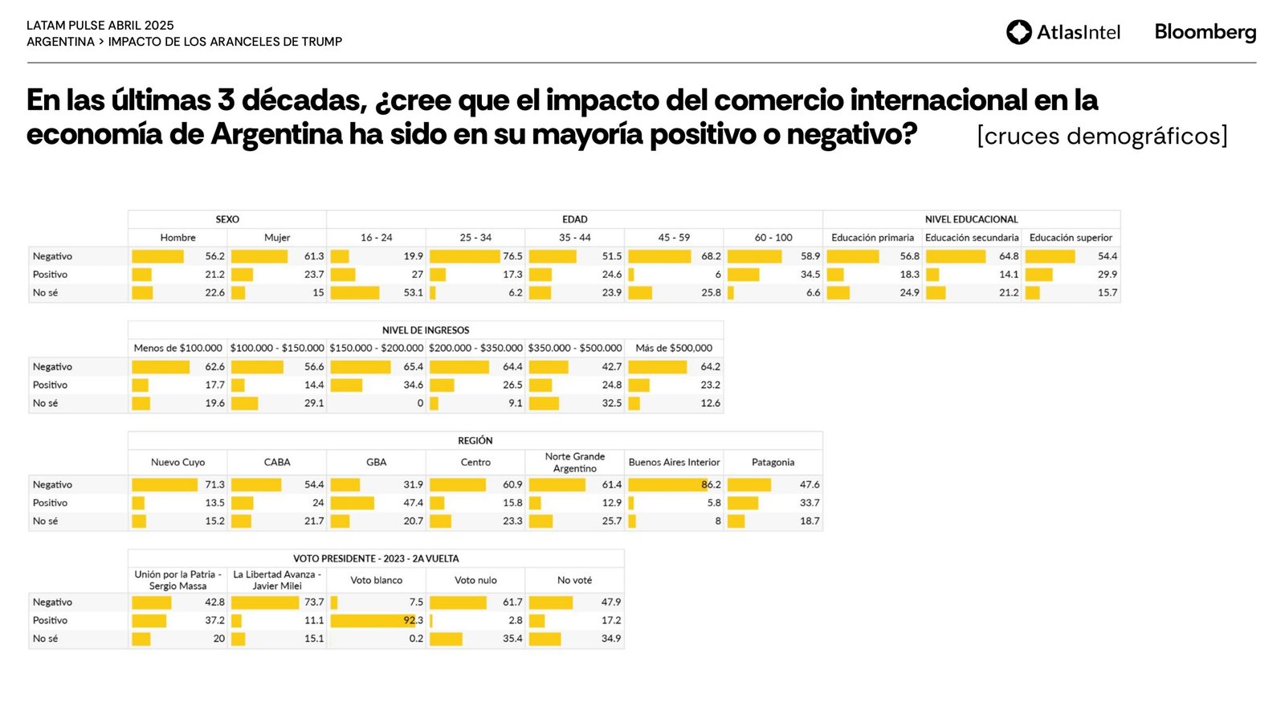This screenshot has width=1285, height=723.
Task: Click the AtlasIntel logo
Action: coord(1063,32)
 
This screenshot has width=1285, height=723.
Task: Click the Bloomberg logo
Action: coord(1205,32)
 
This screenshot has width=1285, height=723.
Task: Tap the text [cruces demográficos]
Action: coord(1102,136)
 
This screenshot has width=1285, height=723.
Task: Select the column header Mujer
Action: coord(277,238)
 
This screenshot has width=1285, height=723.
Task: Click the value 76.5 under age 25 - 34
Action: coord(512,256)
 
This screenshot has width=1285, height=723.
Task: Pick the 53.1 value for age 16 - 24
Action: coord(413,293)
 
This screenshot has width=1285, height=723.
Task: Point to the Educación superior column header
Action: coord(1071,238)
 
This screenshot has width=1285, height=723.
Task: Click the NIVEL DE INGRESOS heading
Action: coord(426,330)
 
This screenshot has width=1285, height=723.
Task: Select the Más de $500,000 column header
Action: coord(674,349)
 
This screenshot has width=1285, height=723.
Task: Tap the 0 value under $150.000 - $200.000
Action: coord(420,403)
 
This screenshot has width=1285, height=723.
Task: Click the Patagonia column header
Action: coord(773,463)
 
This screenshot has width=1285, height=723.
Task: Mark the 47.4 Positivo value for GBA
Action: coord(413,503)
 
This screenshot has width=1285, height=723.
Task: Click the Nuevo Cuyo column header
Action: coord(177,463)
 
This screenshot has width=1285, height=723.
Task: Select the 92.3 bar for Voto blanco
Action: coord(374,621)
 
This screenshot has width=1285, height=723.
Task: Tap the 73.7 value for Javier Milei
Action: coord(314,602)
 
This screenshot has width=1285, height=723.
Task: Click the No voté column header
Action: coord(574,580)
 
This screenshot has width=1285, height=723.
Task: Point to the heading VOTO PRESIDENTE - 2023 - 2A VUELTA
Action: coord(376,558)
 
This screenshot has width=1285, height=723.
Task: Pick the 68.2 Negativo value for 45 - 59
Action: coord(711,256)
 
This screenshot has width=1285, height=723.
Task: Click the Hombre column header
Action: coord(177,238)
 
